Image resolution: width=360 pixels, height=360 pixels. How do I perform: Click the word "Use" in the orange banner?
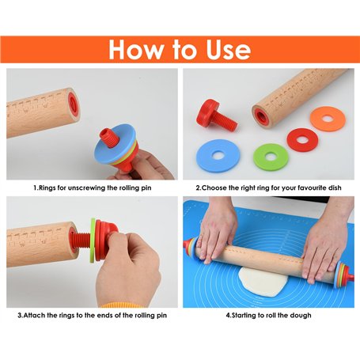coord(229,49)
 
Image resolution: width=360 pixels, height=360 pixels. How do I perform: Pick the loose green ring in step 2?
coord(271,157)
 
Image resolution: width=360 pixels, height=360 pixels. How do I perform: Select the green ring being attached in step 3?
coord(93,241)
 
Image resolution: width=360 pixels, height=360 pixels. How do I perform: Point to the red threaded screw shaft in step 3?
coord(81,241)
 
